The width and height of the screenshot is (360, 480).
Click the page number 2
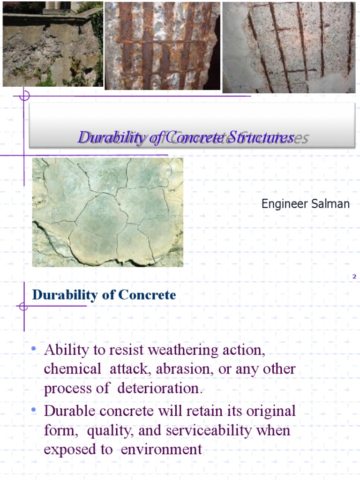click(354, 277)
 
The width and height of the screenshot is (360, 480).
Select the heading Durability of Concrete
click(104, 295)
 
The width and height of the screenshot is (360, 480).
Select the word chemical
click(72, 369)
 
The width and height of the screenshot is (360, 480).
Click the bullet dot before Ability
click(33, 349)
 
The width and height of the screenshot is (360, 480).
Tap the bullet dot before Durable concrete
click(33, 411)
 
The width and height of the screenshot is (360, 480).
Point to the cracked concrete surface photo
click(107, 212)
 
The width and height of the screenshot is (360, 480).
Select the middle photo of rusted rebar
click(162, 45)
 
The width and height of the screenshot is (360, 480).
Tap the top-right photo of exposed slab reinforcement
click(289, 47)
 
